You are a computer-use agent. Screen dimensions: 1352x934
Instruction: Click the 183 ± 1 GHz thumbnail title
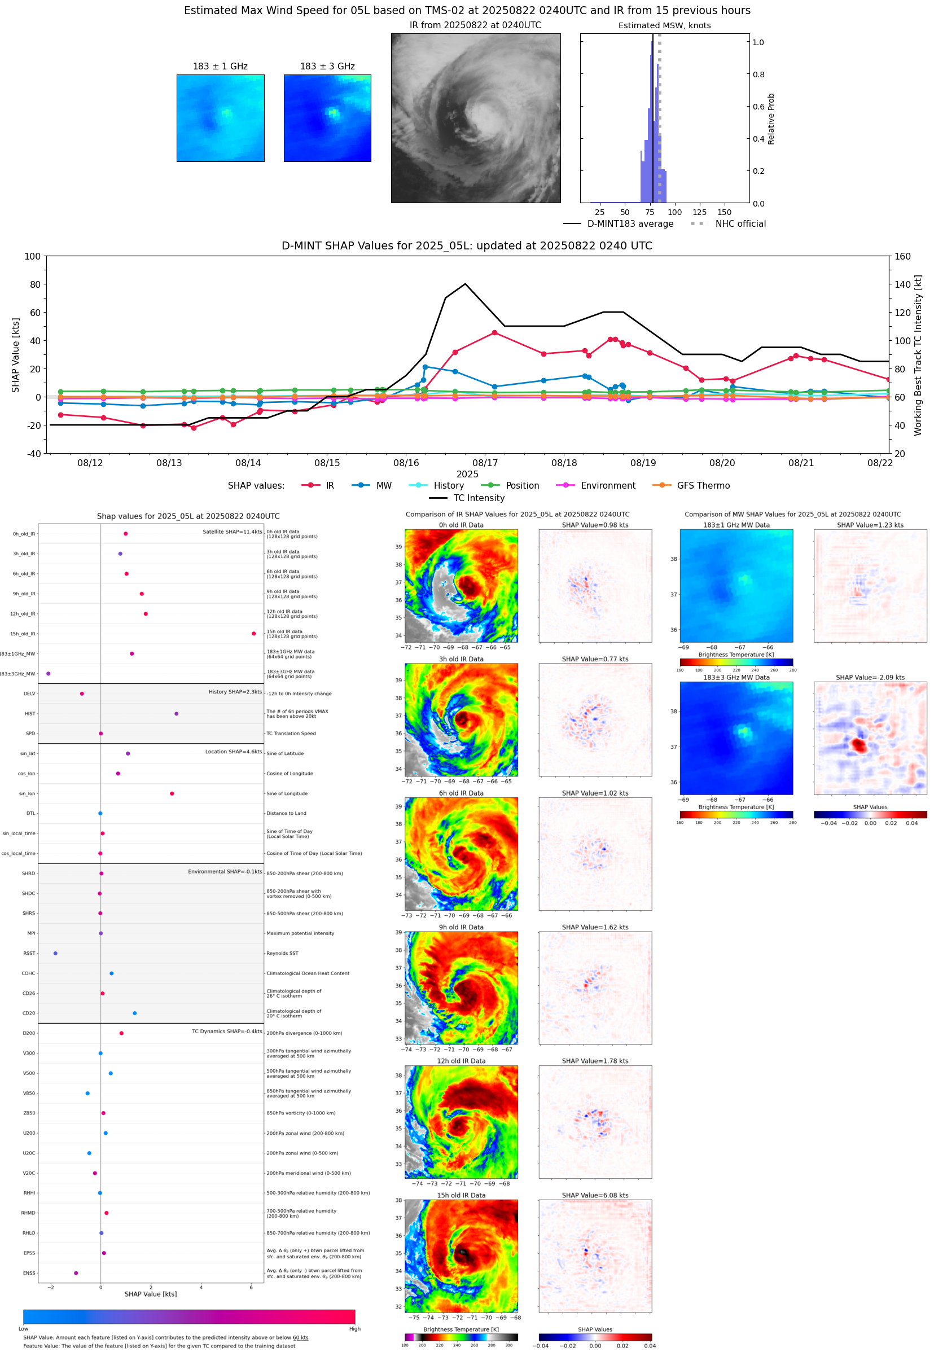click(220, 67)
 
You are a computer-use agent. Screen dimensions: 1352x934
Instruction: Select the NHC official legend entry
click(740, 224)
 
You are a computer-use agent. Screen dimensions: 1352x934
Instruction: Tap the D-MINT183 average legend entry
click(630, 224)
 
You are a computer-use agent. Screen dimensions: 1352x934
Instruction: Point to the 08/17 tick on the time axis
click(485, 463)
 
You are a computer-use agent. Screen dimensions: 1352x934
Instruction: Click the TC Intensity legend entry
click(478, 498)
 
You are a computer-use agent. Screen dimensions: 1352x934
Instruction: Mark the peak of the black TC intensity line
click(465, 284)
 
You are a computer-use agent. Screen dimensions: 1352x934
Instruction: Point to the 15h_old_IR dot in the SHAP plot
click(253, 634)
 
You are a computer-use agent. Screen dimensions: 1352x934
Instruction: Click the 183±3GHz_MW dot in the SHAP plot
click(48, 673)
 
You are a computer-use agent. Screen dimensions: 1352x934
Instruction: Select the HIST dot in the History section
click(176, 714)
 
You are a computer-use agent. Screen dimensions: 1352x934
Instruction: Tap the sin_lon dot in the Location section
click(172, 793)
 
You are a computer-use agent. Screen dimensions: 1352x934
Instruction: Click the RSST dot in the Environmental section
click(56, 953)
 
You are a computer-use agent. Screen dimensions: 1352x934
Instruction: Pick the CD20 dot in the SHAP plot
click(135, 1013)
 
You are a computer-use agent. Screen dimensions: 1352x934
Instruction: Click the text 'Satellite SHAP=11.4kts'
click(232, 532)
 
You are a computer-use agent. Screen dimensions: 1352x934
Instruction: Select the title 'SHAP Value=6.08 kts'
click(595, 1195)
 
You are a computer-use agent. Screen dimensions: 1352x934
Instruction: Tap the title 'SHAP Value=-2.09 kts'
click(870, 678)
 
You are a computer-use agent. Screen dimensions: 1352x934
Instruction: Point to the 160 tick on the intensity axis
click(902, 256)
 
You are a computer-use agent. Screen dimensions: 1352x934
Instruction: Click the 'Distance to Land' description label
click(286, 813)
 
